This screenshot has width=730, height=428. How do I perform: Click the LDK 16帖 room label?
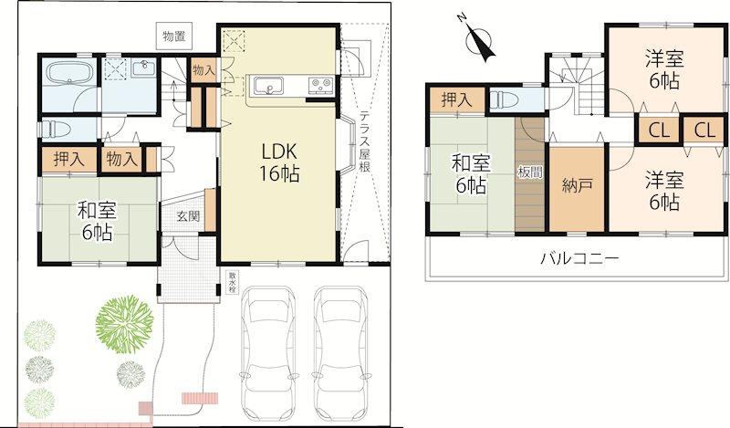click(279, 162)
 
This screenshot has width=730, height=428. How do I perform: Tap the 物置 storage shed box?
click(174, 36)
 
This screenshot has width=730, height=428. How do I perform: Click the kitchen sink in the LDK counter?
click(268, 86)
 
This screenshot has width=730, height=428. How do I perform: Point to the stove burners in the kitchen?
click(320, 85)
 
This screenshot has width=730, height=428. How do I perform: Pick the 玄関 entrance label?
click(188, 216)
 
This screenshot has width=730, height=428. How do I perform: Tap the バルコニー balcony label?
click(579, 257)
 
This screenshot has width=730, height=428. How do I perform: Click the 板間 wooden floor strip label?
click(530, 172)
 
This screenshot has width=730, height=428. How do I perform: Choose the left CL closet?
click(658, 130)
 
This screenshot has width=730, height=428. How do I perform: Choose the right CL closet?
click(704, 130)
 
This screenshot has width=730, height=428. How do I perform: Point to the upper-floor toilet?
click(503, 99)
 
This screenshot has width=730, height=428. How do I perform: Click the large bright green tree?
click(124, 321)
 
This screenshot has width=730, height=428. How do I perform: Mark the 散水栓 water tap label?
click(232, 282)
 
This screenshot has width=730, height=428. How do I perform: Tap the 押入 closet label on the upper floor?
click(456, 100)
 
